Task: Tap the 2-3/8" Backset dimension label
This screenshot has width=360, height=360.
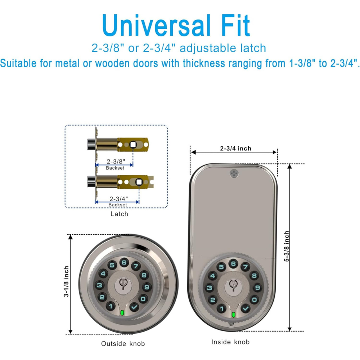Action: [116, 165]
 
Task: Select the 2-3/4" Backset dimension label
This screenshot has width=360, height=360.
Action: [118, 201]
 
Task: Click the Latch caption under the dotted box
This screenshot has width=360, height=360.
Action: [119, 214]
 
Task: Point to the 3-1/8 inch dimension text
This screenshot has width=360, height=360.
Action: [66, 281]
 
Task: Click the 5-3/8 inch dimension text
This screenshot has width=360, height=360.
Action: [287, 246]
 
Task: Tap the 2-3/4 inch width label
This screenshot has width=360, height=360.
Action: [235, 149]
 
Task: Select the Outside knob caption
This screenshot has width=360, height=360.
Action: [123, 344]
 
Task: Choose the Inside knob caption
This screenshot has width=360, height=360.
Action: [230, 342]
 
